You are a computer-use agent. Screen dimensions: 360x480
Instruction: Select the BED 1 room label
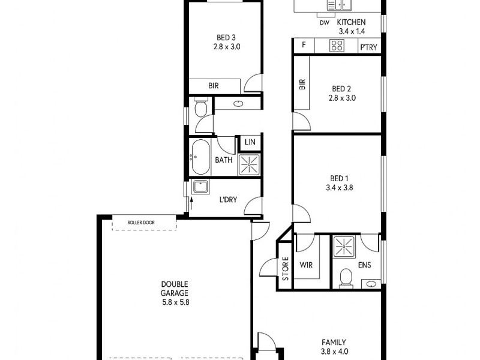pos(338,178)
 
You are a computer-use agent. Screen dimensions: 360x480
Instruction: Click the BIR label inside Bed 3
pos(214,86)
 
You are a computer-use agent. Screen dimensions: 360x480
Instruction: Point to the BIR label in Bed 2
pos(302,85)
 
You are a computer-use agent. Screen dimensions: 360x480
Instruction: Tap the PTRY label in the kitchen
pos(368,46)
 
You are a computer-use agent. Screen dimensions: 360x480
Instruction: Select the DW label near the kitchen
pos(324,23)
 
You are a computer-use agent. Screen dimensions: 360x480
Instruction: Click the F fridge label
pos(304,46)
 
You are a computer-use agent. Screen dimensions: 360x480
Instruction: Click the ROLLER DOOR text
pos(141,223)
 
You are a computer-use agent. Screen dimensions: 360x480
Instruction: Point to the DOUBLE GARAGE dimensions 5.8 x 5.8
pos(175,303)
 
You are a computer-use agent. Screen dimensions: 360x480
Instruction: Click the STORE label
pos(286,269)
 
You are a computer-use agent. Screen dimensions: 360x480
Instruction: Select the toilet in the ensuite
pos(345,277)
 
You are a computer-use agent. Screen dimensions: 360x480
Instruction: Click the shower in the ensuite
pos(344,245)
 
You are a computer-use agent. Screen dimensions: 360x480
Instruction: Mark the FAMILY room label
pos(335,342)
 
